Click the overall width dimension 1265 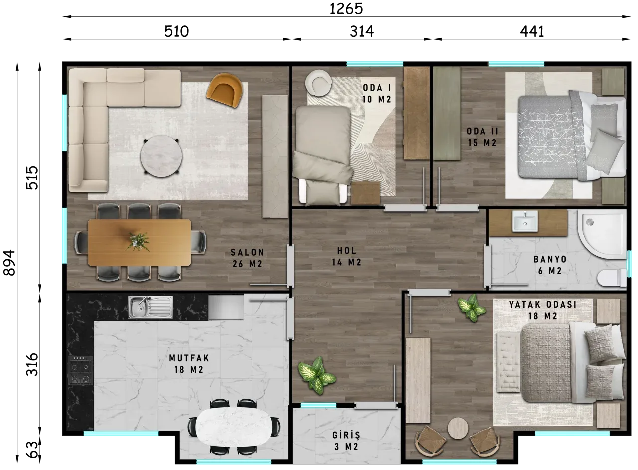pyautogui.click(x=346, y=9)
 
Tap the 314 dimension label pyautogui.click(x=362, y=31)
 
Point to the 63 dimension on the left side pyautogui.click(x=33, y=450)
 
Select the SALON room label pyautogui.click(x=247, y=252)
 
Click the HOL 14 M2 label pyautogui.click(x=346, y=256)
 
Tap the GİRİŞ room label pyautogui.click(x=346, y=435)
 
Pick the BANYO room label pyautogui.click(x=550, y=259)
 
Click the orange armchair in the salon pyautogui.click(x=225, y=90)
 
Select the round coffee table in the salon pyautogui.click(x=161, y=156)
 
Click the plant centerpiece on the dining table pyautogui.click(x=138, y=241)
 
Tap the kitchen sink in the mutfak pyautogui.click(x=151, y=307)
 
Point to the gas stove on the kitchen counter pyautogui.click(x=80, y=370)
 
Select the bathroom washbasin pyautogui.click(x=525, y=221)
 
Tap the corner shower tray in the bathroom pyautogui.click(x=602, y=235)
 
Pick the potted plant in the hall pyautogui.click(x=317, y=376)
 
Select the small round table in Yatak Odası pyautogui.click(x=458, y=428)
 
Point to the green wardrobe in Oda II pyautogui.click(x=447, y=113)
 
